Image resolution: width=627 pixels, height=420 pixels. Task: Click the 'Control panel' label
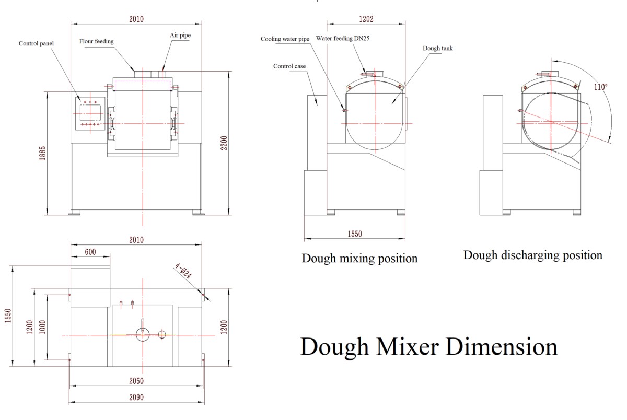pyautogui.click(x=37, y=43)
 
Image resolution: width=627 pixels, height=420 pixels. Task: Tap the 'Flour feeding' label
pyautogui.click(x=97, y=41)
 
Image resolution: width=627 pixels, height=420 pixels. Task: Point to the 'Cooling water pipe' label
pyautogui.click(x=285, y=39)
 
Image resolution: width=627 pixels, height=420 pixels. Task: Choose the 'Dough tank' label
pyautogui.click(x=438, y=48)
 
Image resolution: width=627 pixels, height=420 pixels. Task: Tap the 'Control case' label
pyautogui.click(x=289, y=66)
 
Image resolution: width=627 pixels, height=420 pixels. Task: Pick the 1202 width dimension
pyautogui.click(x=366, y=19)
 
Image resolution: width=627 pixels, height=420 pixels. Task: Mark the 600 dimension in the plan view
pyautogui.click(x=90, y=252)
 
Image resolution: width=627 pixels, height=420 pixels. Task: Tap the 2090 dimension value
pyautogui.click(x=136, y=397)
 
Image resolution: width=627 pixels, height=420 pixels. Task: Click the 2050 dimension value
pyautogui.click(x=136, y=381)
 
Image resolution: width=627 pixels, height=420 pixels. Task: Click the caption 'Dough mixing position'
pyautogui.click(x=359, y=258)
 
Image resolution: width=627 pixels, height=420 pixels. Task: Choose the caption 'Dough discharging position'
pyautogui.click(x=532, y=255)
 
